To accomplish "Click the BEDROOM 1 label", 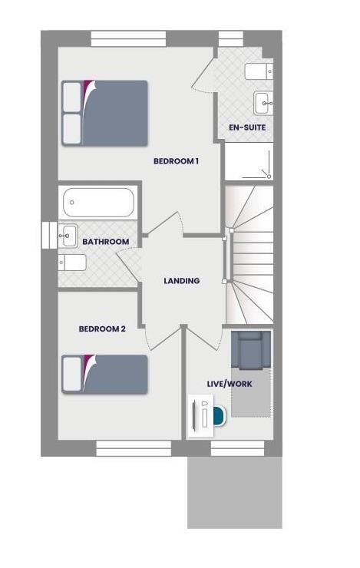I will (x=177, y=161).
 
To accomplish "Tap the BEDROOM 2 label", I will (x=102, y=329).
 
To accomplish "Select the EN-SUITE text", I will (x=247, y=127).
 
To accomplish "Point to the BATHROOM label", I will (x=106, y=242).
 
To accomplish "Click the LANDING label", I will (x=182, y=281).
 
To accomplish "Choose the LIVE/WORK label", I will (x=230, y=383).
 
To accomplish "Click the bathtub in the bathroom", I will (x=97, y=203).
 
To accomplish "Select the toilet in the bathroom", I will (x=73, y=263).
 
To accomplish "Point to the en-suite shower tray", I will (x=249, y=161).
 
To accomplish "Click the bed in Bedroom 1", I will (x=104, y=113).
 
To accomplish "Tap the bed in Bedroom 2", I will (x=104, y=374).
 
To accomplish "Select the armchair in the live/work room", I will (x=251, y=350).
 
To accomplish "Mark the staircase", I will (x=250, y=253).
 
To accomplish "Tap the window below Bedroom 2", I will (x=134, y=447).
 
